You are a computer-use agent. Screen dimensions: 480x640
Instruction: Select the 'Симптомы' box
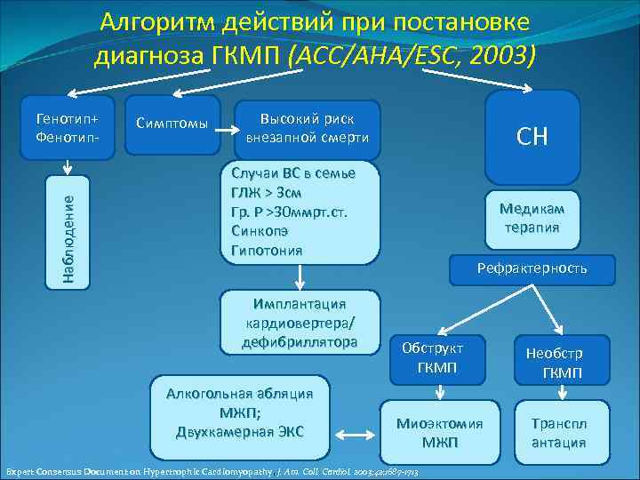[x=176, y=123]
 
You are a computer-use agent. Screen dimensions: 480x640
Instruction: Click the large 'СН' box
[x=532, y=136]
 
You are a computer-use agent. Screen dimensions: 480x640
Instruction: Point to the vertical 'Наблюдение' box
[x=68, y=232]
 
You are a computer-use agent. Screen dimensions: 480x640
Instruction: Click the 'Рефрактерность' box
[x=532, y=268]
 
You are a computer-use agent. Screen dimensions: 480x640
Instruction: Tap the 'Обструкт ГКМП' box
[x=432, y=357]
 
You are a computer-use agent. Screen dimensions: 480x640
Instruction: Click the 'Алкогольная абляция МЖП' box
[x=241, y=413]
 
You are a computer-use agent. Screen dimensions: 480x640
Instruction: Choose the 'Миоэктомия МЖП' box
[x=439, y=433]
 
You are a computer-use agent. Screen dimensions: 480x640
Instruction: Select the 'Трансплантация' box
[x=559, y=433]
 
